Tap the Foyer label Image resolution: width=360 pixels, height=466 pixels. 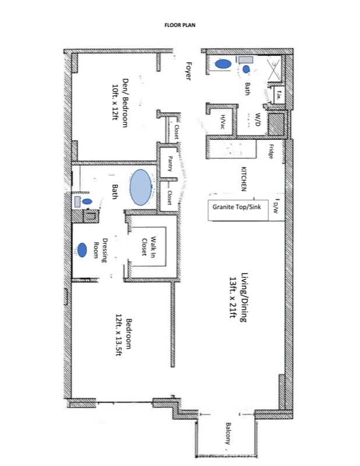point(188,71)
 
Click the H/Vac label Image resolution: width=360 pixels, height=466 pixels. point(223,121)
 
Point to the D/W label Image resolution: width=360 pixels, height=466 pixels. point(276,207)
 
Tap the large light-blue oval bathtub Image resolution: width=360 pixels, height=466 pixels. point(140,188)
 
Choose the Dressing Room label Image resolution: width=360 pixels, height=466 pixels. point(105,250)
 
